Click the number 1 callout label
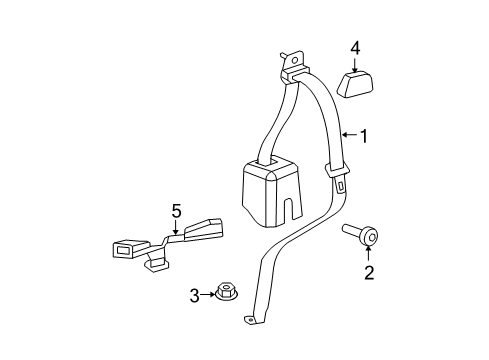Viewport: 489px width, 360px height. tap(364, 136)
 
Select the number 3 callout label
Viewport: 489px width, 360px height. tap(196, 294)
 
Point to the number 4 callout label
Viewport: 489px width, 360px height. tap(355, 48)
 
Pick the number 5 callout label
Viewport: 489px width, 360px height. tap(176, 210)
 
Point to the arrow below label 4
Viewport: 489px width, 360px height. tap(355, 65)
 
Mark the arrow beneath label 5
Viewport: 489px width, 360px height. tap(176, 228)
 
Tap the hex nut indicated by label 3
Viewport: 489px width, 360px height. tap(226, 294)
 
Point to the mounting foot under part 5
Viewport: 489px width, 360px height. tap(156, 264)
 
